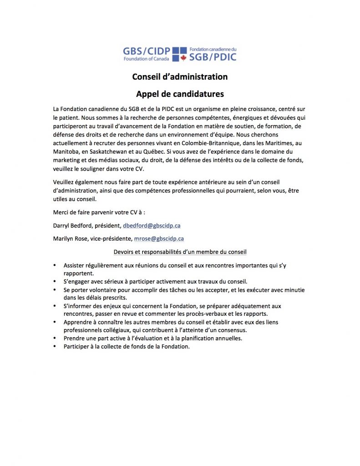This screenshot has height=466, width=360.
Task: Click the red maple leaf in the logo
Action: pyautogui.click(x=183, y=58)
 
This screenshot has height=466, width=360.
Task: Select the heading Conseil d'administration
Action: pyautogui.click(x=180, y=76)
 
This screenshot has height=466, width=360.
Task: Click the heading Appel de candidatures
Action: pyautogui.click(x=180, y=94)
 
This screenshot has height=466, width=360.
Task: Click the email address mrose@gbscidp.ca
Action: pyautogui.click(x=159, y=238)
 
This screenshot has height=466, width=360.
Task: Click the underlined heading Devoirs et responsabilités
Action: pyautogui.click(x=180, y=251)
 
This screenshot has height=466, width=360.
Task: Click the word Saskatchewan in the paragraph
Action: pyautogui.click(x=114, y=151)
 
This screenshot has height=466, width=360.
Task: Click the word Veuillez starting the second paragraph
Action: pyautogui.click(x=64, y=182)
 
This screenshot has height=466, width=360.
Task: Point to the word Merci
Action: pyautogui.click(x=61, y=212)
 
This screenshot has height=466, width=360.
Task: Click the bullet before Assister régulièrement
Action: pyautogui.click(x=55, y=265)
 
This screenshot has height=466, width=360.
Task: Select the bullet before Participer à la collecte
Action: pyautogui.click(x=55, y=346)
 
